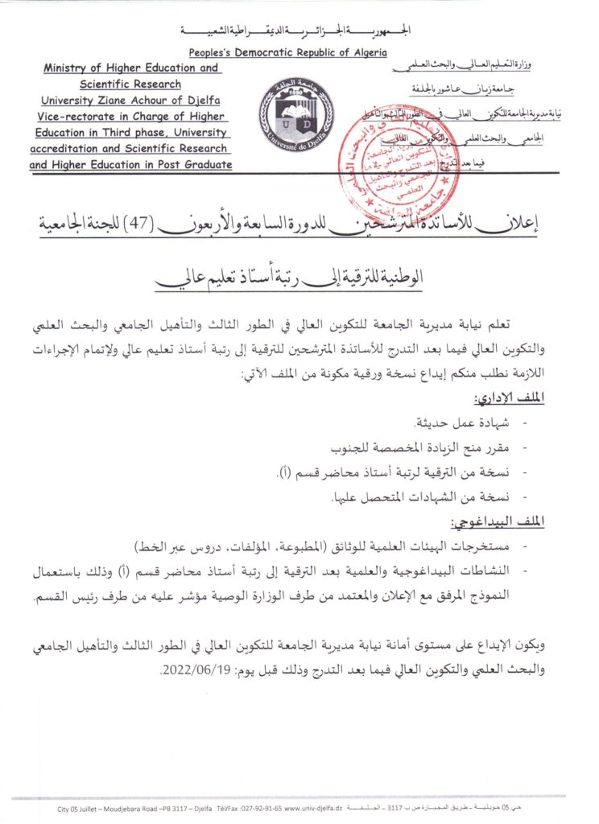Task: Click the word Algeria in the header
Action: [x=363, y=53]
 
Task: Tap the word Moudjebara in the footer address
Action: [x=122, y=807]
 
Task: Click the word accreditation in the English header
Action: [x=63, y=148]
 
